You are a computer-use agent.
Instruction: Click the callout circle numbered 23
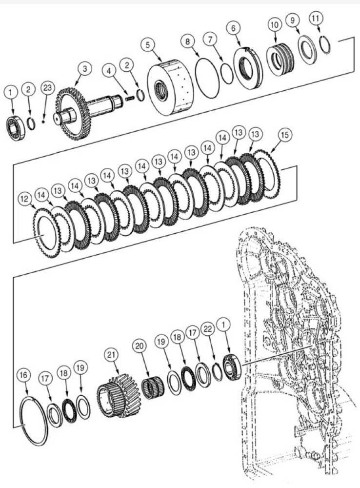point(47,88)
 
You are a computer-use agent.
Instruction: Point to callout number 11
point(316,20)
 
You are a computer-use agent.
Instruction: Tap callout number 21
point(113,354)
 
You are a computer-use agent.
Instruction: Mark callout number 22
point(208,330)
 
